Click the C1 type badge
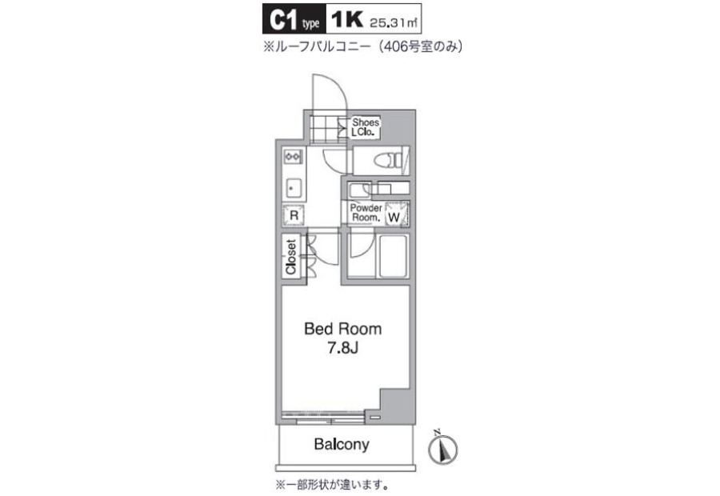294,19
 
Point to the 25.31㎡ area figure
394,22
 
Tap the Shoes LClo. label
366,127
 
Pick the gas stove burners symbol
293,157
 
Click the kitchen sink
293,188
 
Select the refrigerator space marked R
294,215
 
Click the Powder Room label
366,213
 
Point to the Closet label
291,257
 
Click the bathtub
392,256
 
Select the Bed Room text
343,329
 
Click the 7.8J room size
342,349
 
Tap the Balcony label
342,445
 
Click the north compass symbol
443,448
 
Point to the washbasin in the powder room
359,189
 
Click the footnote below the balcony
332,484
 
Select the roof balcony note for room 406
362,46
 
